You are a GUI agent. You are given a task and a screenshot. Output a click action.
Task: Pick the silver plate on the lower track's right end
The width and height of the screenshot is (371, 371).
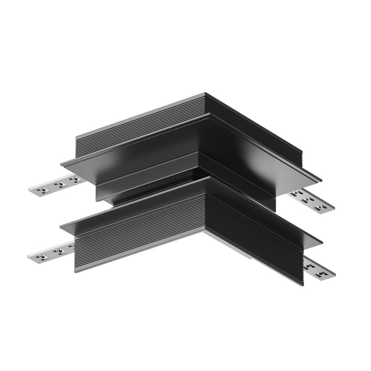(x=319, y=269)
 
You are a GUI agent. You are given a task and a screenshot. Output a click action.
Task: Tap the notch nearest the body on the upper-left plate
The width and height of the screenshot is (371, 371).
(x=75, y=179)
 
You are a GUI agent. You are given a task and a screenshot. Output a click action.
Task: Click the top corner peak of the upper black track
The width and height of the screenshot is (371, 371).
(x=205, y=93)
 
